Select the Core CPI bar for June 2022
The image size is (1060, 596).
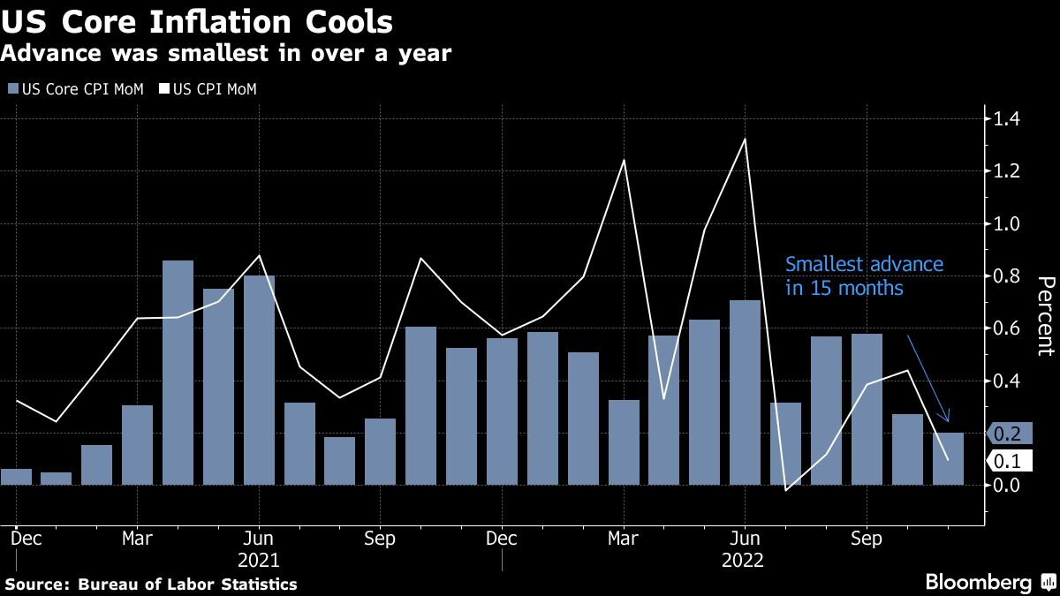[x=745, y=393]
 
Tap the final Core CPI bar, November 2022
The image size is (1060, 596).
[x=948, y=458]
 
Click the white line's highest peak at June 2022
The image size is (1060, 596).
[x=745, y=140]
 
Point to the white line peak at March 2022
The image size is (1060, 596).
[x=624, y=161]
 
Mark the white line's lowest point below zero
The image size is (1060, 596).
[x=785, y=490]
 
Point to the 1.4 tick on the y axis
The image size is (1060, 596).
[x=1008, y=119]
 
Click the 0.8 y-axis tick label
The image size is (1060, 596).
[x=1008, y=276]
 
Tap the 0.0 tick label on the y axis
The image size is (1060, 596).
[x=1008, y=485]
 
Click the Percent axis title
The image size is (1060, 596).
[x=1045, y=315]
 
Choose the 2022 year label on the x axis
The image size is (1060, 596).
[x=745, y=560]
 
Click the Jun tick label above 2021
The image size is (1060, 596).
[x=258, y=539]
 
